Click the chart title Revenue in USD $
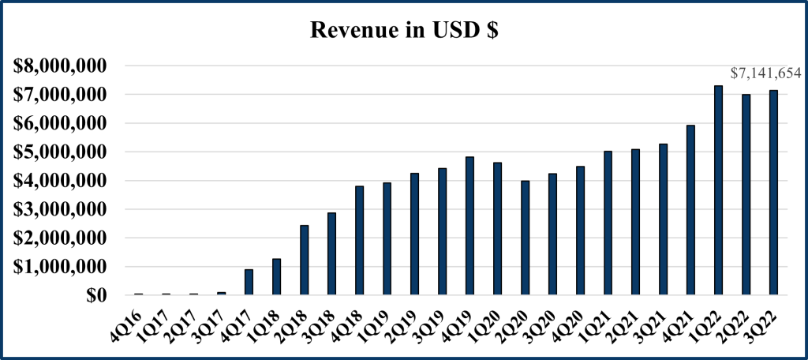(404, 30)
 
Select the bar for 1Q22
(718, 190)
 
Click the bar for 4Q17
(249, 282)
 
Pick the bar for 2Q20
(525, 238)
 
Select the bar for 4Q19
(469, 226)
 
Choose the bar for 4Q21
(690, 210)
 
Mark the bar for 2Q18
(304, 260)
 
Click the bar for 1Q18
(276, 277)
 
